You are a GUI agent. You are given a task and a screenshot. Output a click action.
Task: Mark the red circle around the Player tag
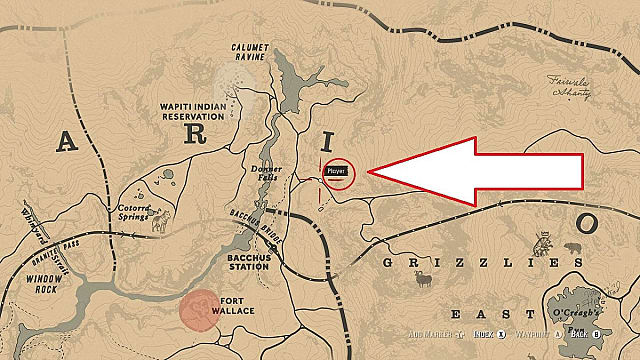340,174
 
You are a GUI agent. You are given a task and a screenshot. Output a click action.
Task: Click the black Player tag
340,170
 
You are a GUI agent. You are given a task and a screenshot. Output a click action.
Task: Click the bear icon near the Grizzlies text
573,248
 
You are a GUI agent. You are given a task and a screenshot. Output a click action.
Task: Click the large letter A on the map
67,142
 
